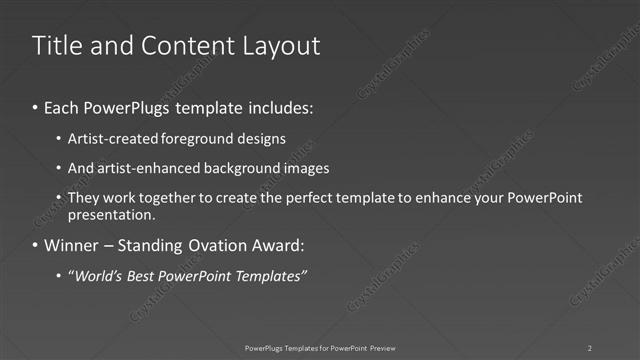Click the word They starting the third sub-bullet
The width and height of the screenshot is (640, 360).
click(85, 198)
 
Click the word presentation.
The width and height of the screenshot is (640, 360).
click(112, 214)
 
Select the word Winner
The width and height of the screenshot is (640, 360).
click(71, 245)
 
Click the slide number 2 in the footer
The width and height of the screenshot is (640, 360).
click(590, 348)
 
